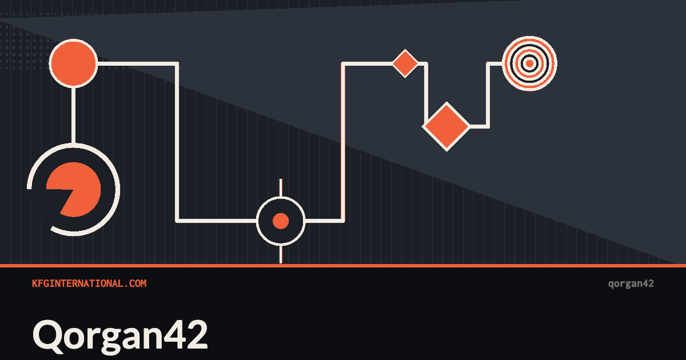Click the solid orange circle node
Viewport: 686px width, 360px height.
click(x=74, y=63)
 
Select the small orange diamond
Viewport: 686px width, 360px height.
click(x=405, y=63)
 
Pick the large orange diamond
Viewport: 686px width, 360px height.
click(x=446, y=126)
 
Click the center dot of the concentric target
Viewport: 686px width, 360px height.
click(x=529, y=63)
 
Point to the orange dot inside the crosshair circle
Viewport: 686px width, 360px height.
click(x=281, y=221)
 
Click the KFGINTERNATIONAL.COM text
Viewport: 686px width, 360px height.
click(x=89, y=283)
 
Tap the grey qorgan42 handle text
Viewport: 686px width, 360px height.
click(x=631, y=284)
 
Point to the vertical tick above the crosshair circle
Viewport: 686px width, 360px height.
click(x=281, y=188)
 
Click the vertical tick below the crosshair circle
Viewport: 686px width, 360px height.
click(x=281, y=254)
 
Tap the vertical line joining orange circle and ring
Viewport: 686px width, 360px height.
click(x=73, y=115)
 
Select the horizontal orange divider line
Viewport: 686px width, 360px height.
click(x=343, y=265)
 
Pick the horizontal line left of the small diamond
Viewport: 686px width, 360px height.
click(x=368, y=63)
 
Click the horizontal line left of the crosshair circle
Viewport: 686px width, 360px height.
click(x=217, y=221)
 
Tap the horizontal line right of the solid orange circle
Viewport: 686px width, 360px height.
click(x=138, y=63)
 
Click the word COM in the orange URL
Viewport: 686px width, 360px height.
click(x=138, y=283)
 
